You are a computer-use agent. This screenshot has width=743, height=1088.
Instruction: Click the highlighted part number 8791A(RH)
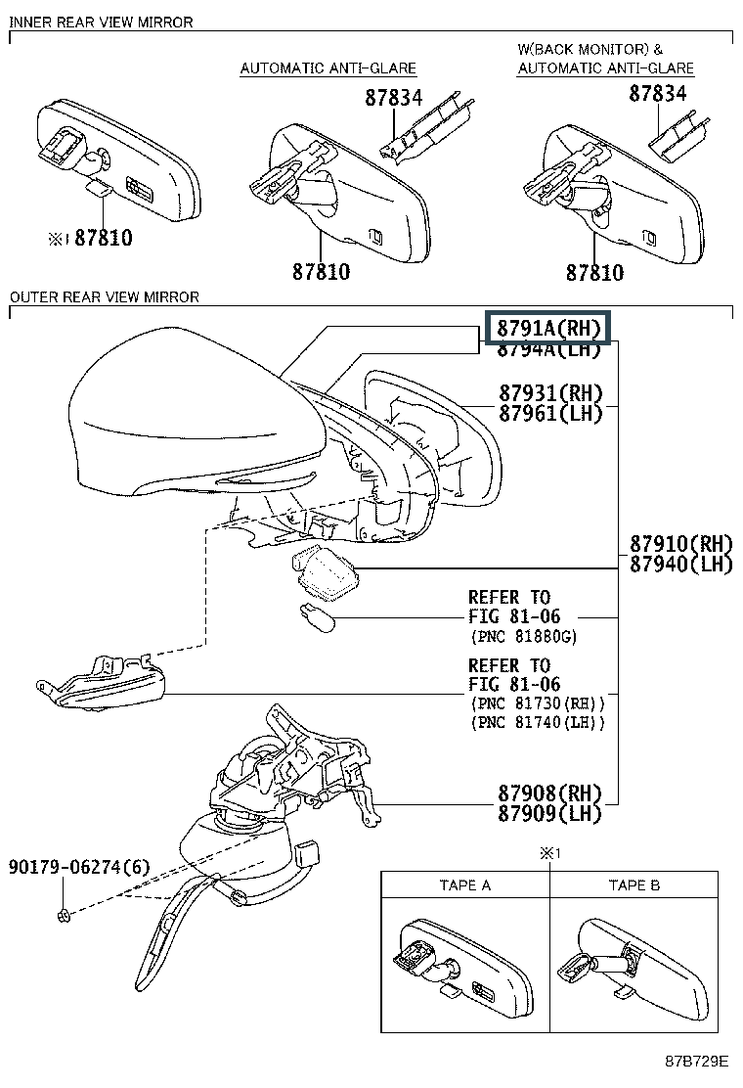[548, 328]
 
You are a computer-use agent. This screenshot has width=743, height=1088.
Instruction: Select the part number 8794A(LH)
[548, 349]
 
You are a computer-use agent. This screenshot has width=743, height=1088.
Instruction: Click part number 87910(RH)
[680, 544]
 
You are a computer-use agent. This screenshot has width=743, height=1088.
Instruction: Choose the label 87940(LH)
[680, 564]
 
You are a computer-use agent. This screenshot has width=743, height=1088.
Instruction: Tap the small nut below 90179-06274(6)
[63, 915]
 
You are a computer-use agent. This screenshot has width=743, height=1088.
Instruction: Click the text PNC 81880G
[524, 637]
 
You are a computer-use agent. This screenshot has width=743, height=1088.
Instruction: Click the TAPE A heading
[465, 885]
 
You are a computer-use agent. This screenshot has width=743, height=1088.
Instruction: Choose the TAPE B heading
[634, 885]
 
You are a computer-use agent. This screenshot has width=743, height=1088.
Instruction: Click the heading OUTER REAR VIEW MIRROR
[104, 296]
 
